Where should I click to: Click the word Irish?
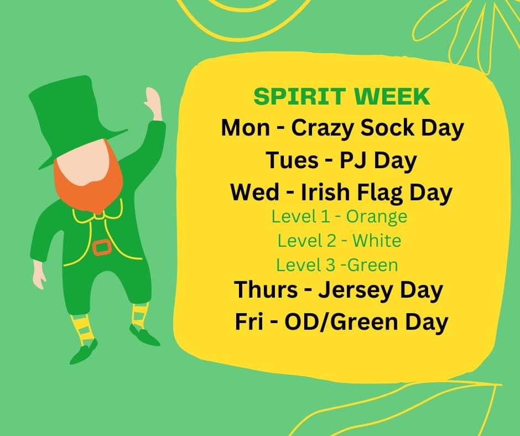[325, 193]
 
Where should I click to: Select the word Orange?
[377, 216]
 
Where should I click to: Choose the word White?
[377, 241]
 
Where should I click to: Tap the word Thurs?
[266, 290]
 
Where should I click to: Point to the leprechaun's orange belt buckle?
[102, 247]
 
